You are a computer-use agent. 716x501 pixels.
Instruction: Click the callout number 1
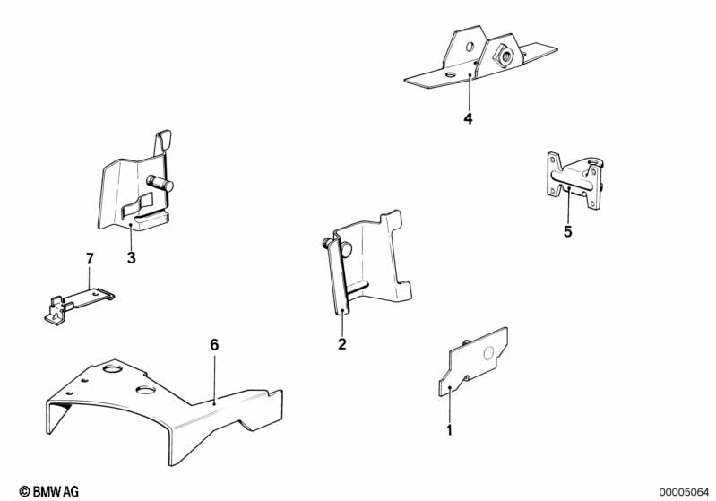coord(449,430)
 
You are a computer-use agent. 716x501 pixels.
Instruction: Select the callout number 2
coord(342,344)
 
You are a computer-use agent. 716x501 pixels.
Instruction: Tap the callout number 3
coord(132,258)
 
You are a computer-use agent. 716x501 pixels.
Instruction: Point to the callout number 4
coord(468,118)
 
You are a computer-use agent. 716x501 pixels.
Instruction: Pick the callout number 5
coord(567,231)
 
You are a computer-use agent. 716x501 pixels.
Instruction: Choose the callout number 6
coord(214,345)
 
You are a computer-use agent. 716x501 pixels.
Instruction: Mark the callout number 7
coord(90,258)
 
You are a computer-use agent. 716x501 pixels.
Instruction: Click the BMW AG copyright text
coord(49,491)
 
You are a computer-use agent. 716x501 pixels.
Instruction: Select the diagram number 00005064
coord(684,492)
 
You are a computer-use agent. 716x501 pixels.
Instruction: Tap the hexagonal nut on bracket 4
coord(505,56)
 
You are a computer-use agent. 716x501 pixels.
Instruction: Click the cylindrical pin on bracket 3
coord(160,182)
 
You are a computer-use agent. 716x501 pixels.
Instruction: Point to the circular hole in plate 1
coord(488,352)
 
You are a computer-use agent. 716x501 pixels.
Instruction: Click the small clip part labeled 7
coord(79,305)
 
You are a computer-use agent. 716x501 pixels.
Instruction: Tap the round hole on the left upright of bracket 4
coord(470,47)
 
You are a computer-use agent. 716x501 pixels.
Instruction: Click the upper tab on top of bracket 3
coord(163,142)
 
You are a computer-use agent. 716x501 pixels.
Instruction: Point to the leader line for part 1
coord(450,405)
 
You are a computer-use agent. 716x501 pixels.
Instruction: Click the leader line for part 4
coord(469,92)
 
